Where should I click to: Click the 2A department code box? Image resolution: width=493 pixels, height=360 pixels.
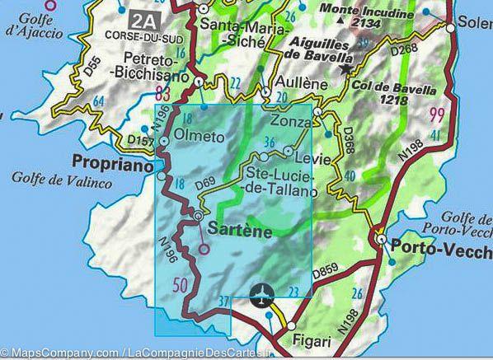(x=143, y=18)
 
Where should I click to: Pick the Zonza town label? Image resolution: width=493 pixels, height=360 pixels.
(x=289, y=120)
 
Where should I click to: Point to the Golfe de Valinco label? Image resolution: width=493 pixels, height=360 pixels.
(x=62, y=179)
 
